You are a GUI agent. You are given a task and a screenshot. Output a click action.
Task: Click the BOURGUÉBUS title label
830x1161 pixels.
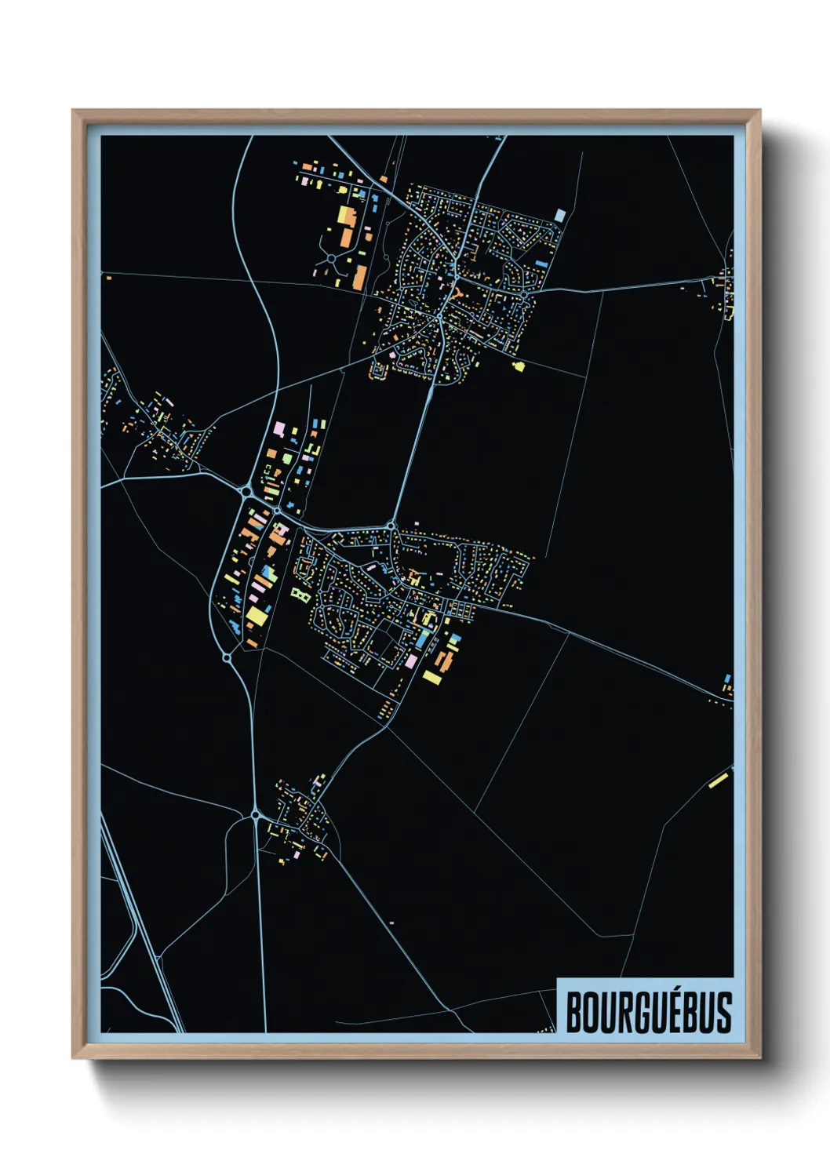coord(648,1012)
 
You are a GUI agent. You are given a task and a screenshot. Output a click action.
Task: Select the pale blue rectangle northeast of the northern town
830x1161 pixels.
coord(559,215)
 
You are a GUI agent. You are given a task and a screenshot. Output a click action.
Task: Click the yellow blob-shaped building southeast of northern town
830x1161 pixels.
coord(518,365)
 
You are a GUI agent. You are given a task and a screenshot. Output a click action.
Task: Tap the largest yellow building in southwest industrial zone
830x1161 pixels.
coord(257,616)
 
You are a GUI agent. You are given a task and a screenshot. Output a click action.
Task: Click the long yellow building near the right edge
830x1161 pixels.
coord(719,779)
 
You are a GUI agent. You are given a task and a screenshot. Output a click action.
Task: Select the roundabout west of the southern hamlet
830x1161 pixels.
coord(256,816)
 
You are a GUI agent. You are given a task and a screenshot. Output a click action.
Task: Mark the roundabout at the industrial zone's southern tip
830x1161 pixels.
coord(227,657)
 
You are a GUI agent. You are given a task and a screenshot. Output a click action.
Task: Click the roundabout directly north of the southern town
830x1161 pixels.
coord(391,525)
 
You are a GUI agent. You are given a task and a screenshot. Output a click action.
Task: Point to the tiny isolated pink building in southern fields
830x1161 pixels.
coord(391,923)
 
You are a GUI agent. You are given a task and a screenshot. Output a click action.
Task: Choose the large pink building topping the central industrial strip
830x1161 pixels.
coord(278,429)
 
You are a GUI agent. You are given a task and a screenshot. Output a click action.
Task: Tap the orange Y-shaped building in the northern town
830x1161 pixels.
coord(457,296)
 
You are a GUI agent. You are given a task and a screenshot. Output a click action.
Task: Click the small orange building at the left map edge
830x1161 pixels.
coord(108,278)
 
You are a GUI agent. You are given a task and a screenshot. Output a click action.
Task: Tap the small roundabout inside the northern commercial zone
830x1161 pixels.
coord(331,257)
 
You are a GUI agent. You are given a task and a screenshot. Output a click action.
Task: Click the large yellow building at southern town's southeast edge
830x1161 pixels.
coord(432,675)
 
